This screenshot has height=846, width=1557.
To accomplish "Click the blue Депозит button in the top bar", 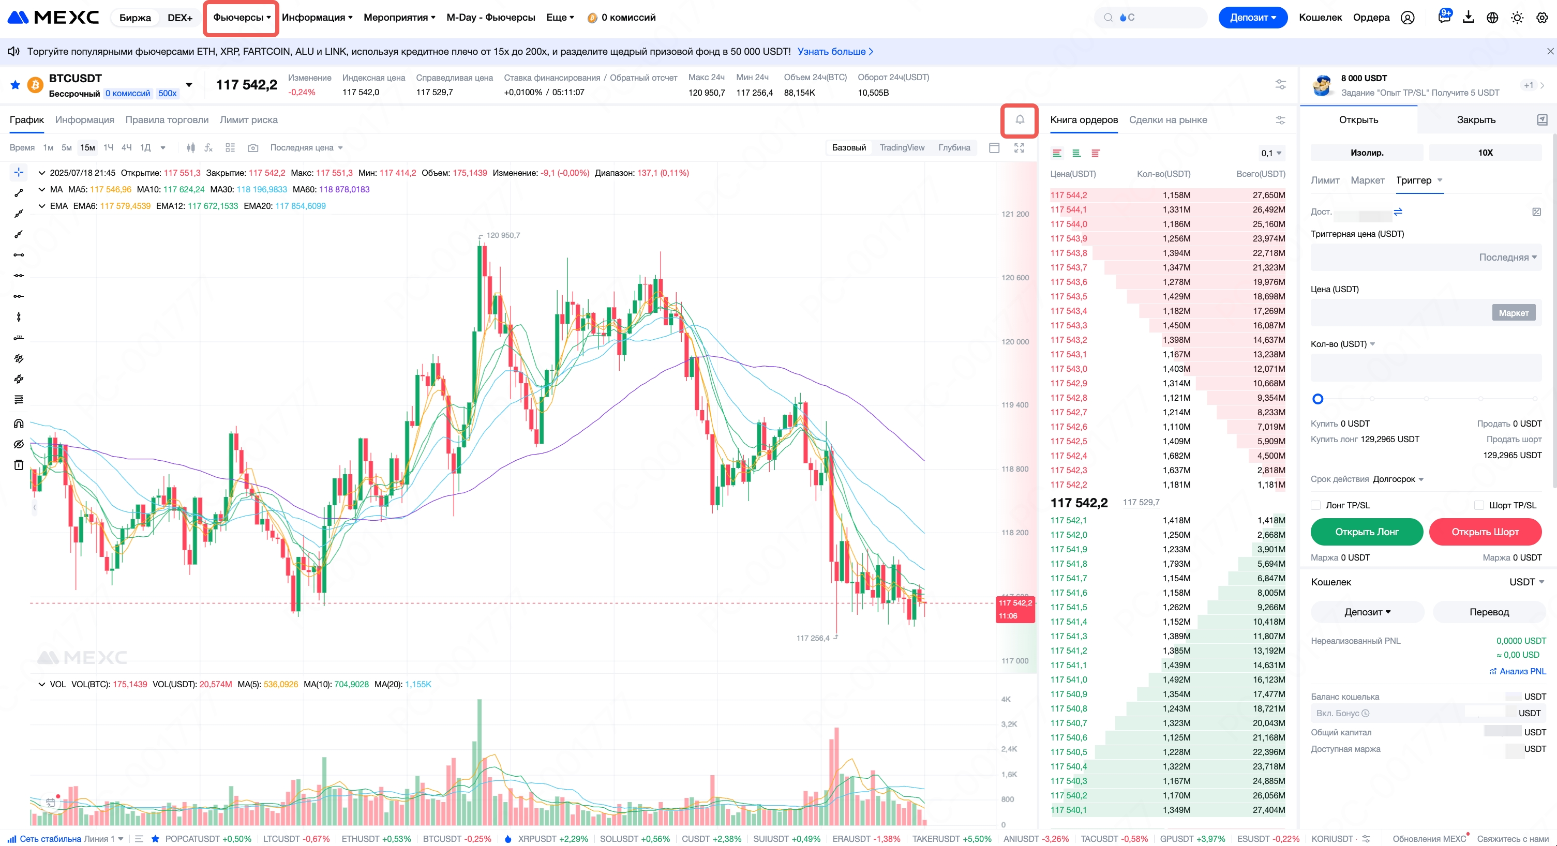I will (x=1252, y=18).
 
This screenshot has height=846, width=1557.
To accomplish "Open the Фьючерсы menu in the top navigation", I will (x=241, y=18).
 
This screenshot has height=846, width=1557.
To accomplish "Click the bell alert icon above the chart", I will (x=1019, y=119).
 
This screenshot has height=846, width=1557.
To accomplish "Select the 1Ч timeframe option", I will (x=108, y=147).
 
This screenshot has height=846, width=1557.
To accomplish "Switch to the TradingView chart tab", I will (x=901, y=147).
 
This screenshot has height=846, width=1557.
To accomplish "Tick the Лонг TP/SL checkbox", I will (x=1315, y=505).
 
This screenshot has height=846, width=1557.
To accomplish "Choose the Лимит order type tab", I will (x=1324, y=180).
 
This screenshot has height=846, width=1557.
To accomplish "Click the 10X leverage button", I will (x=1485, y=152).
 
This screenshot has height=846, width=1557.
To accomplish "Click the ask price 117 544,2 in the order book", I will (x=1068, y=195).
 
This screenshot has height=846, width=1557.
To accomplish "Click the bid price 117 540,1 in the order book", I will (x=1068, y=810).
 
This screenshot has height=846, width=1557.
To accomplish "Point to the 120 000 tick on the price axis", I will (x=1015, y=341).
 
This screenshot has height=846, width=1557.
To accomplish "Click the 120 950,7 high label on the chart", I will (x=502, y=235).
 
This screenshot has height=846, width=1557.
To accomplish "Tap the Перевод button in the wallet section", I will (x=1489, y=612).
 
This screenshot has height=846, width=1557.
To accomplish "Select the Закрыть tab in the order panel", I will (x=1475, y=119).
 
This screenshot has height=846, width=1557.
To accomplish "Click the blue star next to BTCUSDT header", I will (x=15, y=85).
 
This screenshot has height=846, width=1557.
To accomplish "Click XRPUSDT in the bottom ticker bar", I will (x=535, y=839).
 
